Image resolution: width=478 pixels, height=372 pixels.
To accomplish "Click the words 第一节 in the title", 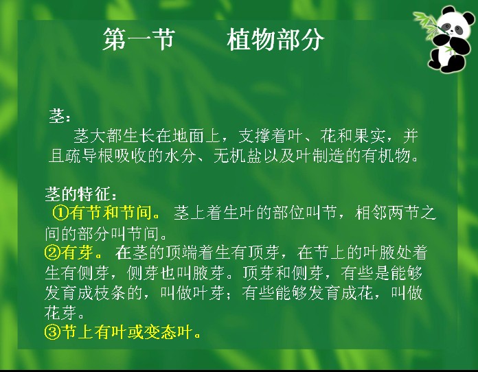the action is (x=139, y=39).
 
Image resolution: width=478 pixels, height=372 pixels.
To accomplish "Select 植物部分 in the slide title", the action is (x=275, y=39).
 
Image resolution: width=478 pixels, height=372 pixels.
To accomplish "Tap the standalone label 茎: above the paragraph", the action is (x=60, y=116).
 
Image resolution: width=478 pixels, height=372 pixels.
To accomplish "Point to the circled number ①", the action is (x=60, y=212).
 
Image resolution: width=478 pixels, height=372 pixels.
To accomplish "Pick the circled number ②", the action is (x=52, y=253).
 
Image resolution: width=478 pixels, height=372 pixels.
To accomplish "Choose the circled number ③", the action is (x=52, y=332).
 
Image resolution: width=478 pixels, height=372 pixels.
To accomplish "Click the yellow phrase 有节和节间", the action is (x=110, y=212).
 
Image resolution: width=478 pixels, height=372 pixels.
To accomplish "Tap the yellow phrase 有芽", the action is (x=77, y=253).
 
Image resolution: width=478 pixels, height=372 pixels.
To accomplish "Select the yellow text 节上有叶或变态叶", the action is (x=127, y=332).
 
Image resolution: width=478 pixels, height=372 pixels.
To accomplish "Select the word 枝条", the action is (x=110, y=293).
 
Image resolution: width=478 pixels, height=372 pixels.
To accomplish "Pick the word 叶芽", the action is (x=209, y=293).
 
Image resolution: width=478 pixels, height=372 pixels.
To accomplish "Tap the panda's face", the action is (x=454, y=26).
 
